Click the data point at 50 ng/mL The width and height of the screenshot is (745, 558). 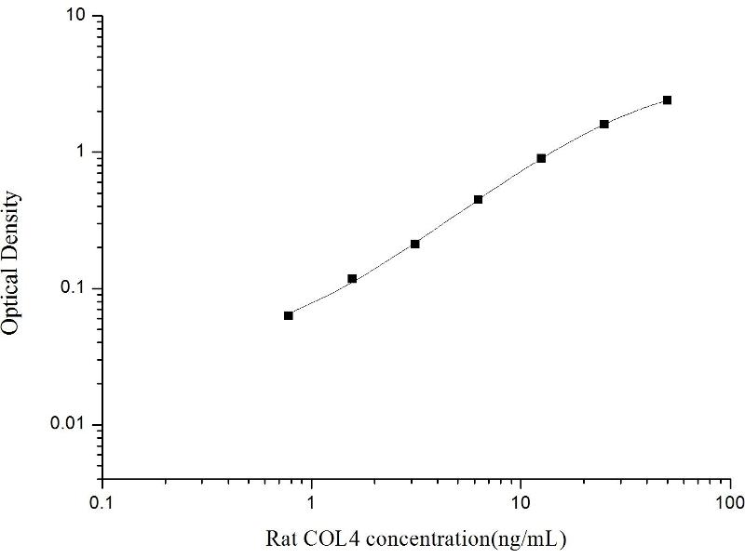pos(667,100)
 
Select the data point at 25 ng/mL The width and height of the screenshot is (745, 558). pos(604,124)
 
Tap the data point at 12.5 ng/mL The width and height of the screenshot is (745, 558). pos(541,158)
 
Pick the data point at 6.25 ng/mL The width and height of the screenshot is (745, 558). pos(478,199)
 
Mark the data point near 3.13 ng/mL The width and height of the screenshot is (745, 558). pos(415,244)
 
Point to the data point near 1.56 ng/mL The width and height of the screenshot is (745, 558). pos(352,278)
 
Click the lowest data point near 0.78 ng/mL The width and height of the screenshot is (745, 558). pos(289,315)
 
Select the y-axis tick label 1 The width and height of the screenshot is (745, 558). pos(82,153)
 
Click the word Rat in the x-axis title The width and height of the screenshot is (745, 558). pos(280,538)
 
